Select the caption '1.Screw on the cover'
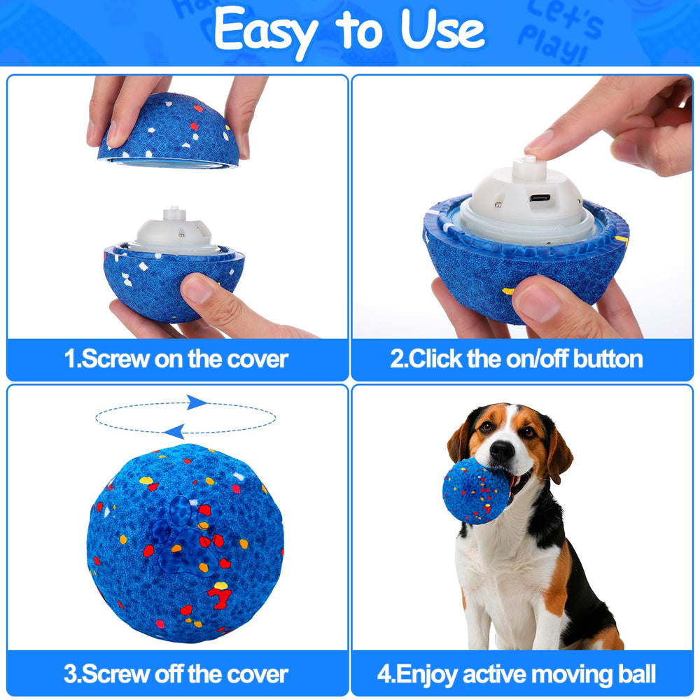(176, 359)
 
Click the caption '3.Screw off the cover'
(176, 674)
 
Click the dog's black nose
(502, 451)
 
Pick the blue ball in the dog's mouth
(476, 490)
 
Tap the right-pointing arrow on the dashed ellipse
(197, 402)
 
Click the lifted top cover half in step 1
(168, 133)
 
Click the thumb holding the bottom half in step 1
(206, 294)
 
